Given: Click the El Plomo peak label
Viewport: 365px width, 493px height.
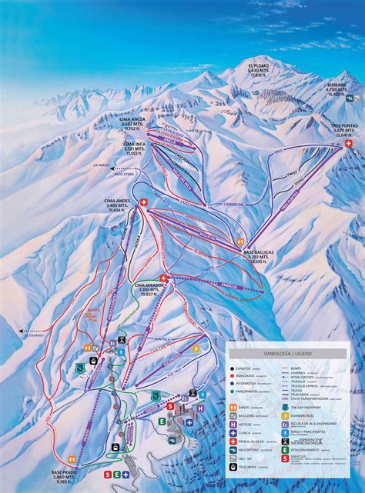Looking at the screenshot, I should click(260, 71).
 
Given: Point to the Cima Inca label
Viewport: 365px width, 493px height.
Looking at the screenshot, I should click(135, 148).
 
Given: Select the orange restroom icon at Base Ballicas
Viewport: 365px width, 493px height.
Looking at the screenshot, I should click(240, 241).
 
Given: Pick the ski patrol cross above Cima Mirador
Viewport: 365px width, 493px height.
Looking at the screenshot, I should click(164, 278).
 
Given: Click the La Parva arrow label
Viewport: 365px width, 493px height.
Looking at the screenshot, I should click(100, 165).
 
